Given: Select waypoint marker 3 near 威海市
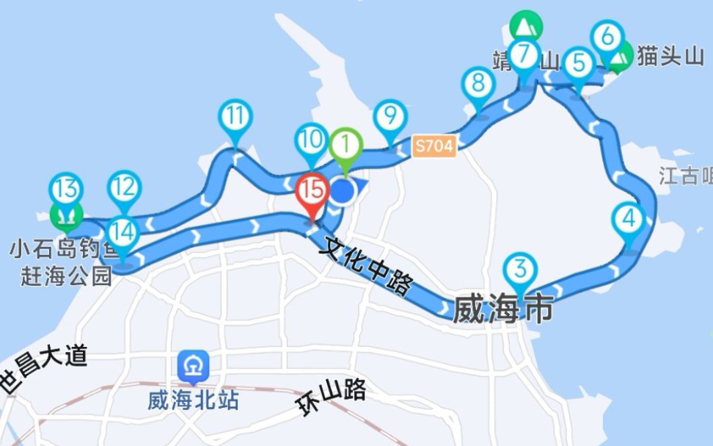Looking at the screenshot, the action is (520, 270).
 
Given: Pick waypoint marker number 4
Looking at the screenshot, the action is (629, 219).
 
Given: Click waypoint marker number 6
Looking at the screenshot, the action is (607, 36).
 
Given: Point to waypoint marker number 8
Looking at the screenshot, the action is (478, 83).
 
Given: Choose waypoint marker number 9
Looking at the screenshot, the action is (390, 115).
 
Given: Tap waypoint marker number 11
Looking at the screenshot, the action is (235, 117).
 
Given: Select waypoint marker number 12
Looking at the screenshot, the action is (124, 188).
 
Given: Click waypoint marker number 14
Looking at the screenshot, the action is (123, 233).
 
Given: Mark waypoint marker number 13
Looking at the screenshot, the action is (66, 190).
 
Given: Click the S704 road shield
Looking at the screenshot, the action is (434, 145).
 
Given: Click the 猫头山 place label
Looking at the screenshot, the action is (670, 56).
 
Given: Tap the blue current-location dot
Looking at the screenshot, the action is (343, 192).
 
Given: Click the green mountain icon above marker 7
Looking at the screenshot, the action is (525, 26).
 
